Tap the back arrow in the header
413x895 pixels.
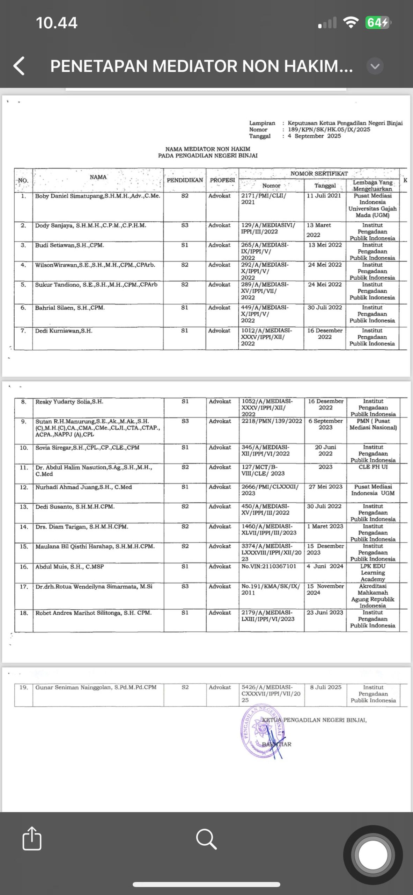(x=19, y=66)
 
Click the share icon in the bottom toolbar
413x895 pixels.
(x=32, y=838)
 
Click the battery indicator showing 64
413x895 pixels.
(x=377, y=23)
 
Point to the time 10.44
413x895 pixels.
(x=57, y=23)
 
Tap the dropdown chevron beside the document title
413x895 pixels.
(x=375, y=66)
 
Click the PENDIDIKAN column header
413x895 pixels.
(x=185, y=180)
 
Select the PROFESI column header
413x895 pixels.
(x=222, y=180)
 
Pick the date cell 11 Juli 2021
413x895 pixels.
(x=324, y=196)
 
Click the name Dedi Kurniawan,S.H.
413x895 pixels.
(x=64, y=331)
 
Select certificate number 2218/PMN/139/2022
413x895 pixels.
(x=272, y=421)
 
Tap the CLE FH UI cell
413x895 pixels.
(x=373, y=467)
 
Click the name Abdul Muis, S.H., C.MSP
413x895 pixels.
(x=69, y=566)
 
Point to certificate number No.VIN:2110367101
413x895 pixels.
(x=268, y=566)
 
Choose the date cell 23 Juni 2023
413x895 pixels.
(x=325, y=613)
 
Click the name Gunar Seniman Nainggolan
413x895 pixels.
(x=96, y=687)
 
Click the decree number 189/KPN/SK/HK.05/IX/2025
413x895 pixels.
(x=329, y=129)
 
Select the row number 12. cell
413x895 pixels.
(x=24, y=487)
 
